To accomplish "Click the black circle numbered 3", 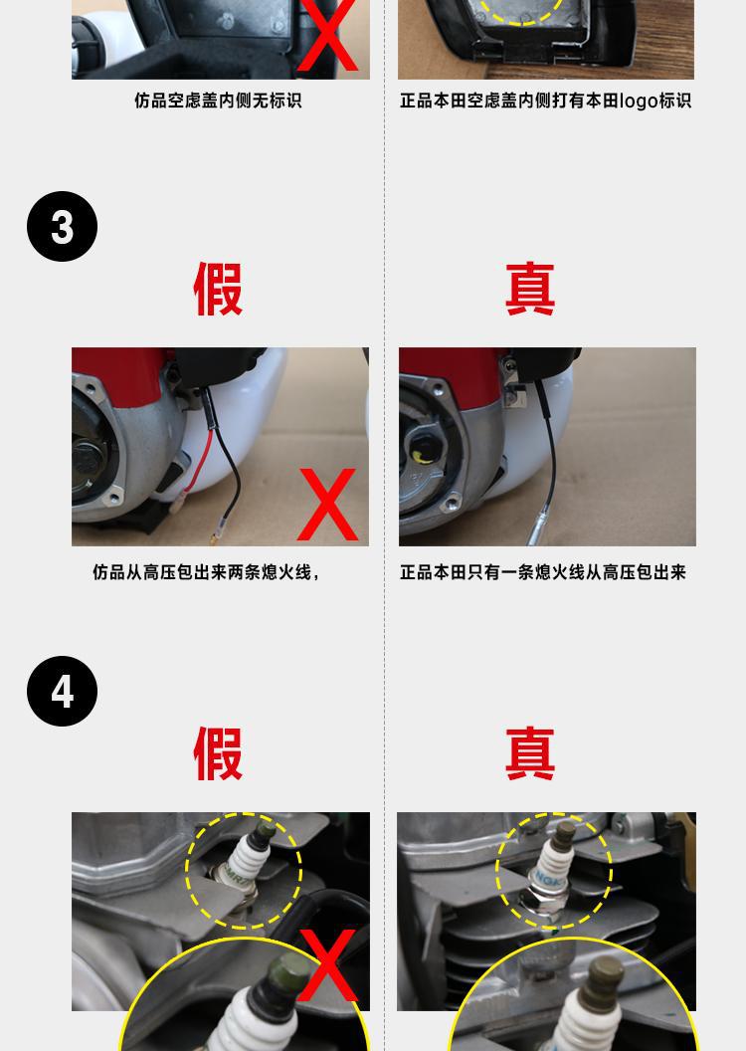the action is (63, 227).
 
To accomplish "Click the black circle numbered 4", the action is (63, 691).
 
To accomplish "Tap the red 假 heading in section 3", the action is (218, 289).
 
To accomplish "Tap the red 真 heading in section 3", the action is (530, 289).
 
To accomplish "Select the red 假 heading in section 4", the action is (218, 753).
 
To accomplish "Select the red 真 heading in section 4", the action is (530, 753).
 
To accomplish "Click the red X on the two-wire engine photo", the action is (327, 504).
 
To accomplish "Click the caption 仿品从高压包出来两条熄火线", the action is (206, 572).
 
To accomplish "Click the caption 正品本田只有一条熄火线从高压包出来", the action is (543, 572).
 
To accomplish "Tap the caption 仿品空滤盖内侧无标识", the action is (218, 101).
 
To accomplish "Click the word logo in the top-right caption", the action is (639, 102).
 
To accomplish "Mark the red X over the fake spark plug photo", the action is (327, 965).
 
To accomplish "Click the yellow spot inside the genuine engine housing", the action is (419, 457).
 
